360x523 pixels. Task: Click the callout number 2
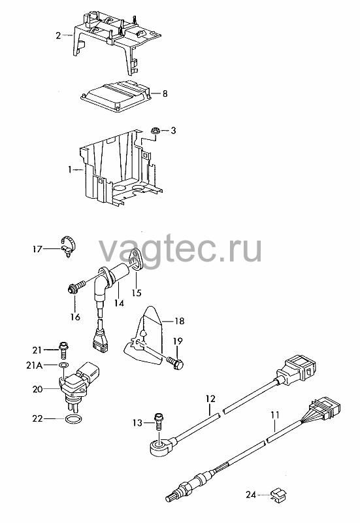(x=58, y=35)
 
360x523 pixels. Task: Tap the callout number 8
(x=165, y=93)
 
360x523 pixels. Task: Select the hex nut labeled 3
(x=154, y=131)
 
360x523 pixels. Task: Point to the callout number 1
(x=70, y=170)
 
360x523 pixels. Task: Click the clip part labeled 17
(x=69, y=246)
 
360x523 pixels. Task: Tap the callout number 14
(x=119, y=303)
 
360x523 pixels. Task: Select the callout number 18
(x=179, y=321)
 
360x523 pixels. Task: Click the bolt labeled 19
(x=175, y=363)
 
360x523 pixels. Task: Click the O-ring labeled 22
(x=73, y=418)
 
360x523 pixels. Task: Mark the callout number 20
(x=38, y=389)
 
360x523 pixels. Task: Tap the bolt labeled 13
(x=158, y=421)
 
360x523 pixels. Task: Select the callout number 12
(x=210, y=399)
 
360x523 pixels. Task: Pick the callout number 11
(x=275, y=415)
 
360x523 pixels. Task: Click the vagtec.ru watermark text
(x=180, y=250)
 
